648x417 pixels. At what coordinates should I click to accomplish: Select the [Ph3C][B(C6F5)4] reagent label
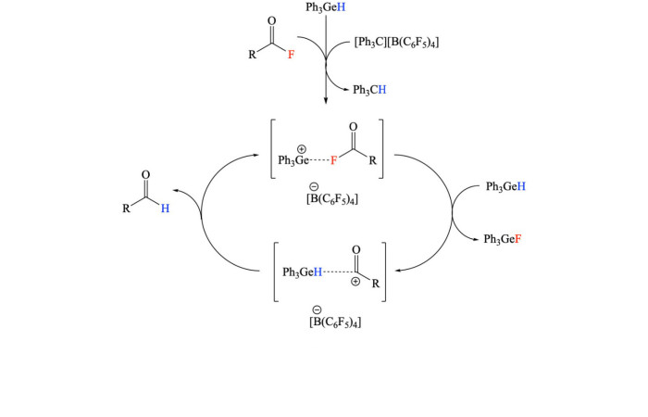click(396, 42)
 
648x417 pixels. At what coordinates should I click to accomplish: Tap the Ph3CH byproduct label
click(369, 89)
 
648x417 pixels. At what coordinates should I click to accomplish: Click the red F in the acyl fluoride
click(291, 55)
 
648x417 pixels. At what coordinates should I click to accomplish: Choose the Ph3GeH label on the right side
click(506, 187)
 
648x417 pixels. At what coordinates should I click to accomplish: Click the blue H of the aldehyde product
click(165, 208)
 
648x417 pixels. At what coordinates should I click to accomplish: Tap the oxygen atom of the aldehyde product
click(145, 174)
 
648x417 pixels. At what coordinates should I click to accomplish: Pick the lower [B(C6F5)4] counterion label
click(334, 322)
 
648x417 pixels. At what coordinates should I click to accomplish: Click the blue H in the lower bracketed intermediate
click(318, 272)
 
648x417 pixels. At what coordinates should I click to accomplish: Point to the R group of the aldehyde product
click(126, 209)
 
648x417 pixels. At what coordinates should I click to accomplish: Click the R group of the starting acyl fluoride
click(252, 55)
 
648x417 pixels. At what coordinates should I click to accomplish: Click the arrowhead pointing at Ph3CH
click(344, 89)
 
